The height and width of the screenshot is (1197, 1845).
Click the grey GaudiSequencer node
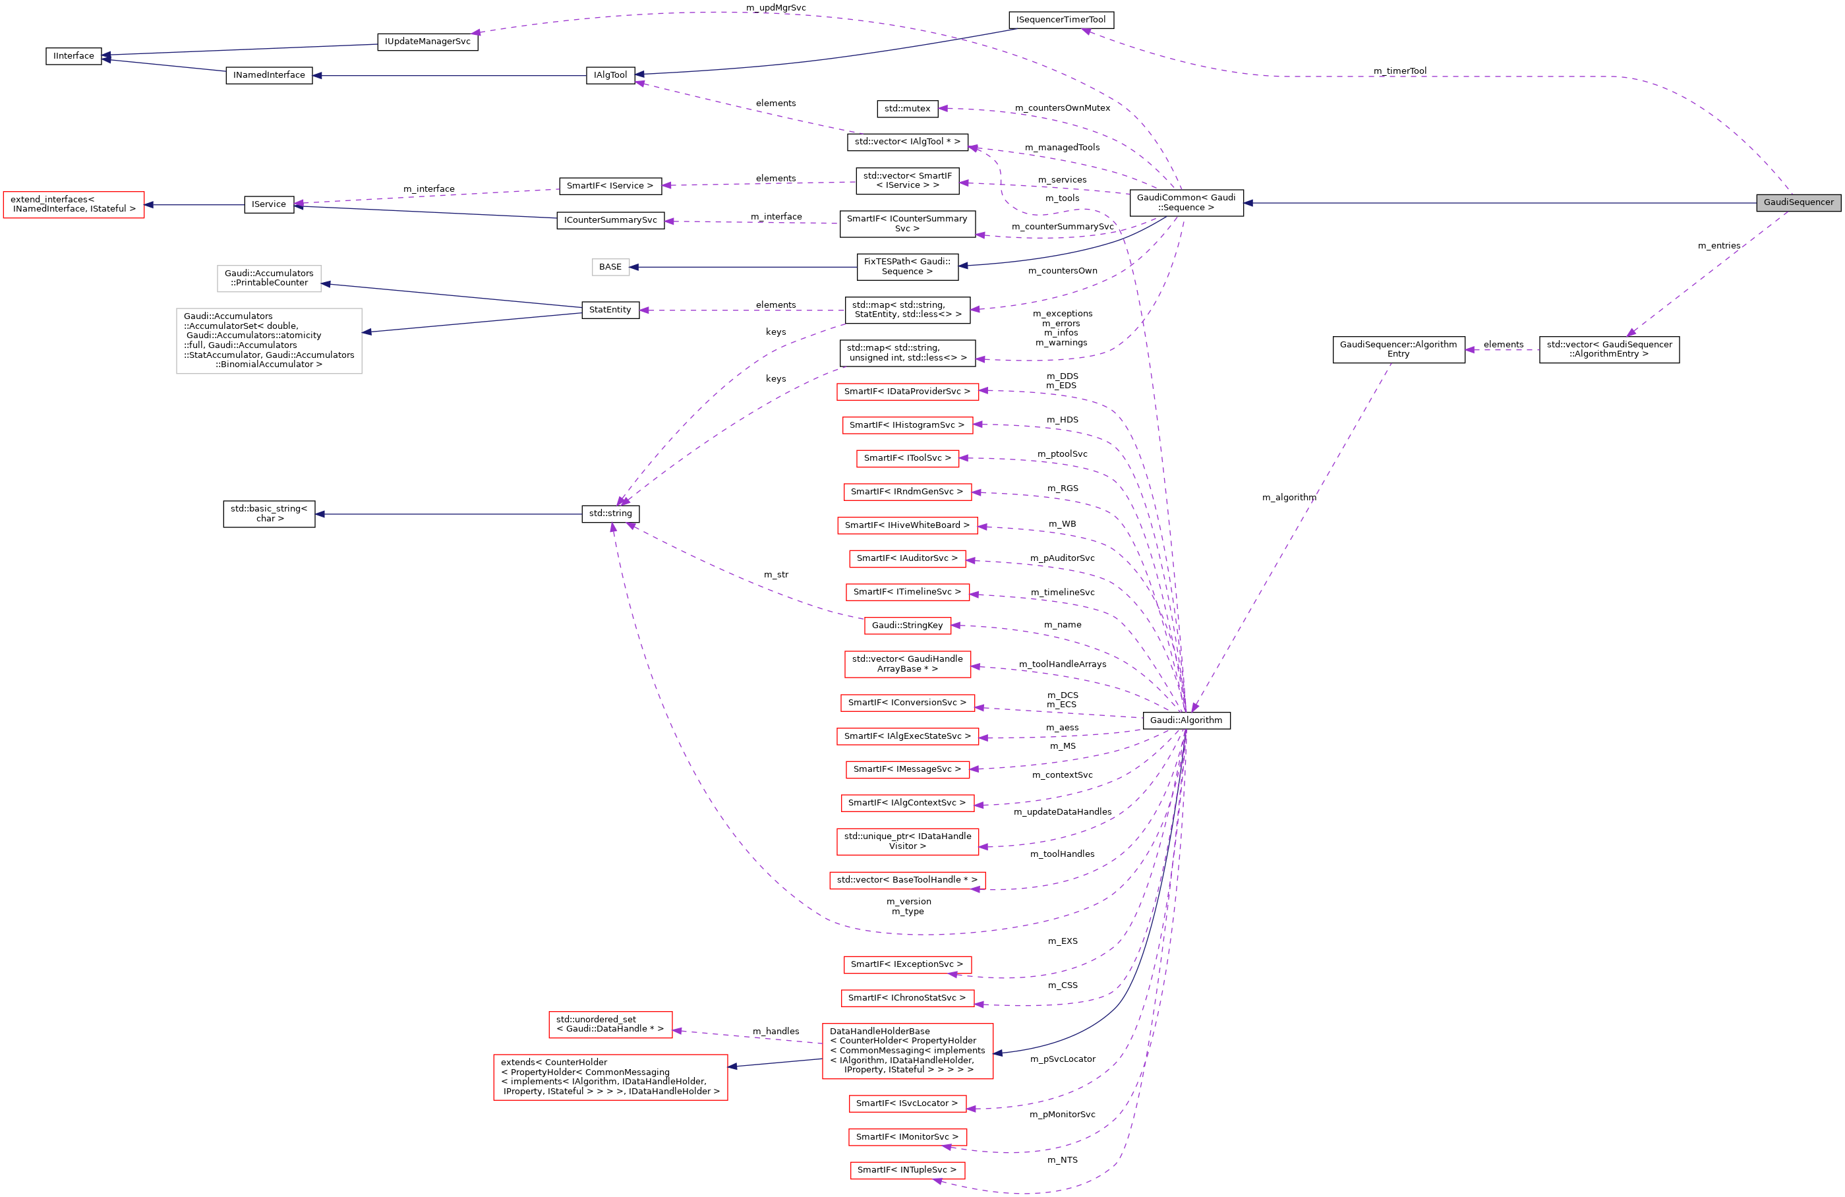pyautogui.click(x=1798, y=202)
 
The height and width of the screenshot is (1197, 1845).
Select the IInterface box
pyautogui.click(x=74, y=56)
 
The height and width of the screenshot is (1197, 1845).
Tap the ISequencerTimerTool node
pyautogui.click(x=1061, y=19)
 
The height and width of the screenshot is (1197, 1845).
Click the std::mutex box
pyautogui.click(x=907, y=109)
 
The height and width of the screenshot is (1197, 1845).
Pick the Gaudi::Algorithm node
pyautogui.click(x=1185, y=720)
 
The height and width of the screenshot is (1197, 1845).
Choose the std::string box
pyautogui.click(x=610, y=513)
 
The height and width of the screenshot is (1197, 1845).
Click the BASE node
pyautogui.click(x=610, y=267)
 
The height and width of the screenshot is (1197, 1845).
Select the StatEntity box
pyautogui.click(x=610, y=309)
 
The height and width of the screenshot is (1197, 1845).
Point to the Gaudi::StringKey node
pyautogui.click(x=907, y=625)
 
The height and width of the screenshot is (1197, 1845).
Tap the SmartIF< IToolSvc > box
pyautogui.click(x=907, y=458)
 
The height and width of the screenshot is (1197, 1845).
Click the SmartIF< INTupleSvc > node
pyautogui.click(x=907, y=1170)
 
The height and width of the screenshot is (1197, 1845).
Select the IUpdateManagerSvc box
pyautogui.click(x=427, y=41)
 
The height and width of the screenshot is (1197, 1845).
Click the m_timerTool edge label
pyautogui.click(x=1399, y=71)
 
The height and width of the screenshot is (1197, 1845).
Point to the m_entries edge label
pyautogui.click(x=1718, y=246)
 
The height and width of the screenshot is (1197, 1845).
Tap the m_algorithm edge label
pyautogui.click(x=1289, y=498)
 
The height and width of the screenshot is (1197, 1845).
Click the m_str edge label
pyautogui.click(x=775, y=575)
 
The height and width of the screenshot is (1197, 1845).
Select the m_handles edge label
pyautogui.click(x=775, y=1031)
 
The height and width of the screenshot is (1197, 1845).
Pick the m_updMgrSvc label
pyautogui.click(x=775, y=8)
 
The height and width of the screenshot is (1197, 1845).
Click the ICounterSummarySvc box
pyautogui.click(x=610, y=220)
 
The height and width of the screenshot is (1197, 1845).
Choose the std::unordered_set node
pyautogui.click(x=610, y=1024)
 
